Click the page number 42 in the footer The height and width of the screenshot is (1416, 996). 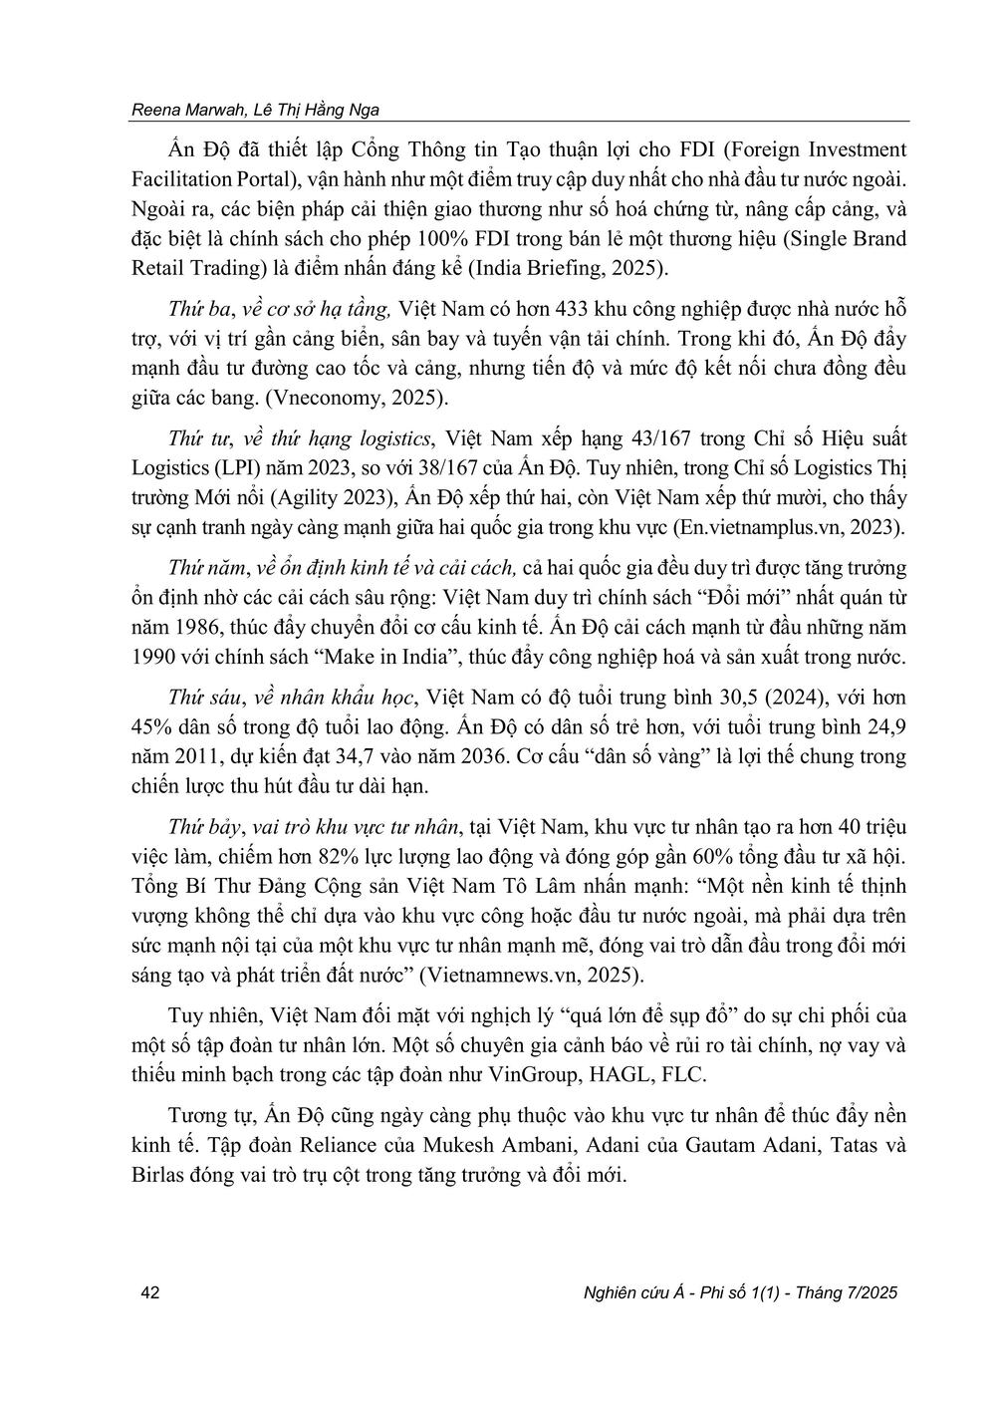coord(150,1292)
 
